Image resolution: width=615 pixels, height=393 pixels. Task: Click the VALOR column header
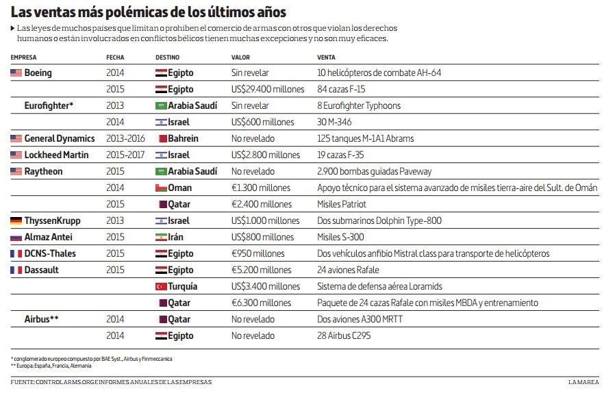coord(240,58)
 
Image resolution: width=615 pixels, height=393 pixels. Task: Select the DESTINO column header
coord(168,58)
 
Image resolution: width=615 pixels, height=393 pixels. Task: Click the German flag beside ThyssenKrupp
coord(16,220)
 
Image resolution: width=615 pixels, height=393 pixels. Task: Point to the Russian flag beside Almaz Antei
coord(16,237)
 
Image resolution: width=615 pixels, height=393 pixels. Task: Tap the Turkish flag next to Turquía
coord(161,286)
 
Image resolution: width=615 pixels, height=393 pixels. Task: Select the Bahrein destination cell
coord(183,138)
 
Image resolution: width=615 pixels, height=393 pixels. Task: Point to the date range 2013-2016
coord(125,138)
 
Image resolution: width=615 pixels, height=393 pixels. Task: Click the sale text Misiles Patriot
coord(342,204)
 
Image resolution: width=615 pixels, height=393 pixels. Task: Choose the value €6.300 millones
coord(261,303)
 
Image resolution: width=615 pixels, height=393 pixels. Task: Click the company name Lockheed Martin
coord(56,155)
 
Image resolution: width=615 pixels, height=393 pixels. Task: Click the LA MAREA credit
coord(583,382)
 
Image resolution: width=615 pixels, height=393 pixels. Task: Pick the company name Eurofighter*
coord(49,105)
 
